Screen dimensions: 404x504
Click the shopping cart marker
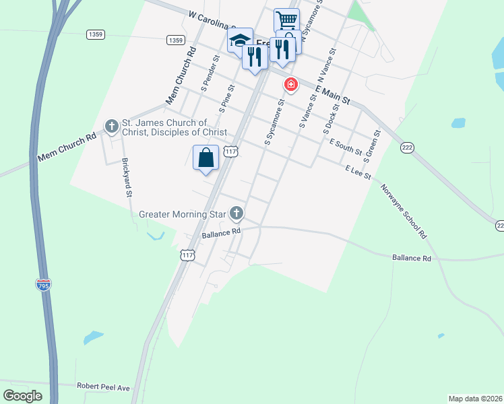[286, 20]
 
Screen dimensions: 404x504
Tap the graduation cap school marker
[239, 40]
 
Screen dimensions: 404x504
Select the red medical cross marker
[291, 85]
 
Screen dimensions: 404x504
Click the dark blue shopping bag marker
[206, 158]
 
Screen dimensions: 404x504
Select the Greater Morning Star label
[183, 215]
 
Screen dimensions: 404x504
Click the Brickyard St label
[126, 177]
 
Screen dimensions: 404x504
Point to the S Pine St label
[226, 98]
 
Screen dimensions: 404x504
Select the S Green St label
[373, 146]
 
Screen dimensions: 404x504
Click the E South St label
[346, 146]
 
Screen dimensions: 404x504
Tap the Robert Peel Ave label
[103, 387]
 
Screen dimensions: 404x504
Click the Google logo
[23, 395]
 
